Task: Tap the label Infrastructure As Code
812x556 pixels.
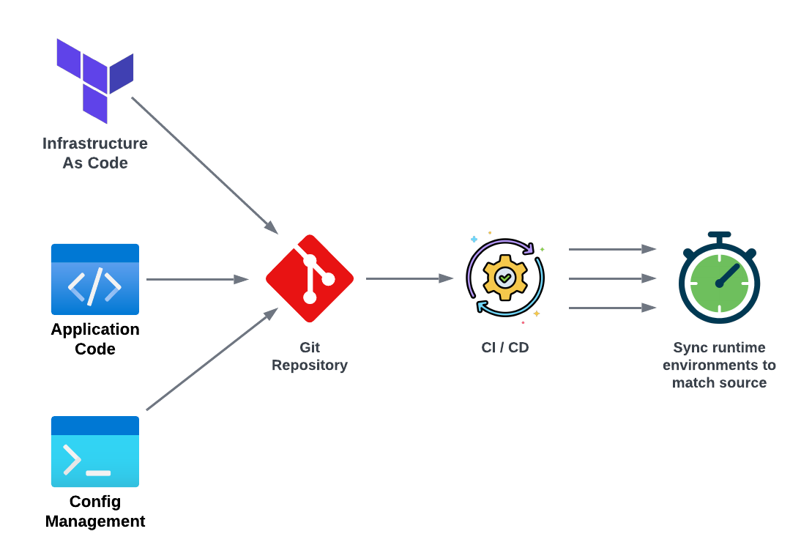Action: coord(95,153)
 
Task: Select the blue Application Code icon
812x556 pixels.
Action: coord(95,279)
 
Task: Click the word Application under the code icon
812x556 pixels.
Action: coord(95,330)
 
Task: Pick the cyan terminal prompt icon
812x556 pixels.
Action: coord(95,451)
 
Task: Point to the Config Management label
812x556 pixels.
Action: coord(95,511)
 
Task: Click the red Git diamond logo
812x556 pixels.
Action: coord(310,278)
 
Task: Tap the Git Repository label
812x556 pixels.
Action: coord(310,356)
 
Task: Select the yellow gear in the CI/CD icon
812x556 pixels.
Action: coord(504,278)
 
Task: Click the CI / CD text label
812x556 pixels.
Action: coord(504,347)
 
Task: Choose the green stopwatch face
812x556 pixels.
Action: coord(719,283)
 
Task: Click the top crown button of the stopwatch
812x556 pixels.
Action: coord(719,236)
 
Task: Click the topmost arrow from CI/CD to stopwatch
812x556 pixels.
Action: coord(611,249)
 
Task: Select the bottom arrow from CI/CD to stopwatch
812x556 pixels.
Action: coord(611,308)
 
